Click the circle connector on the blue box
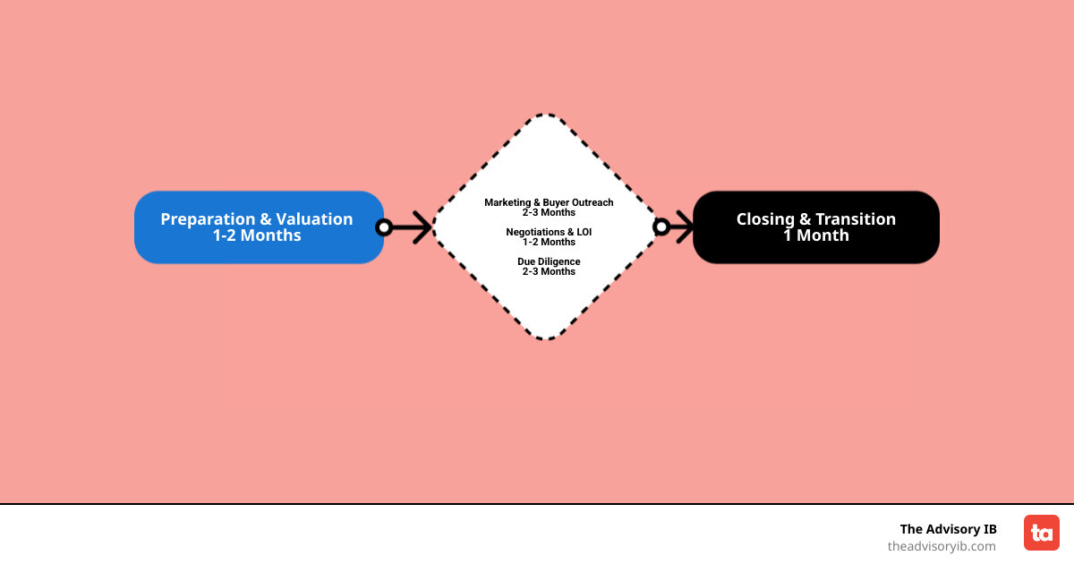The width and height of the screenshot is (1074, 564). tap(384, 227)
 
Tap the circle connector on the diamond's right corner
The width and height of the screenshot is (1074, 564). tap(661, 227)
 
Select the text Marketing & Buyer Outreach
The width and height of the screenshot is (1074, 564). tap(549, 202)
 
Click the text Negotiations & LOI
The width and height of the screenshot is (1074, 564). tap(549, 232)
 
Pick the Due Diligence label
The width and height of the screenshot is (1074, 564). tap(549, 261)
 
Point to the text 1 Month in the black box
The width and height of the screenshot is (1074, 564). tap(815, 235)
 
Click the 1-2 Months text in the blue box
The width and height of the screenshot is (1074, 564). tap(257, 235)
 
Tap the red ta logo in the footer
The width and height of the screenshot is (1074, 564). tap(1041, 533)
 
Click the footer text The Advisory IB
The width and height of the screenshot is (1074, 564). tap(948, 529)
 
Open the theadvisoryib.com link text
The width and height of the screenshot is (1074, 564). tap(941, 546)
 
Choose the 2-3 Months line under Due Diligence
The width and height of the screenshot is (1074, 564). tap(549, 271)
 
